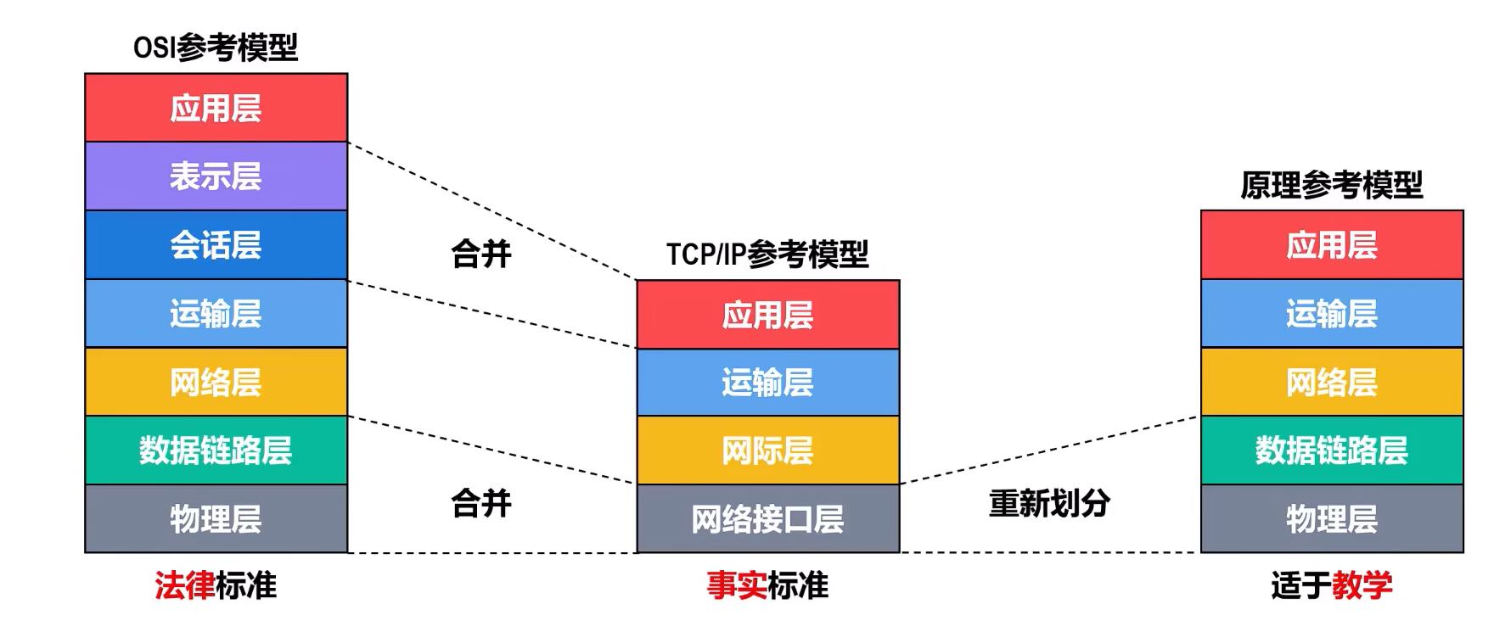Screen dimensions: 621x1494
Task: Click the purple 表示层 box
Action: pyautogui.click(x=216, y=176)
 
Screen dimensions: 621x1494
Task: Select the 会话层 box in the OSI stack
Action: pyautogui.click(x=216, y=245)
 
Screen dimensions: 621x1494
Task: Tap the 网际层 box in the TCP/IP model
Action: pyautogui.click(x=767, y=450)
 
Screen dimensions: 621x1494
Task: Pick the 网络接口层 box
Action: pyautogui.click(x=767, y=519)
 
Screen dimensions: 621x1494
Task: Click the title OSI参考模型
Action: pyautogui.click(x=216, y=48)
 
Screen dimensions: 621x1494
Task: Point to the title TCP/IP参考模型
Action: pyautogui.click(x=767, y=254)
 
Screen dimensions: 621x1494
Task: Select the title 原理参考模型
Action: pyautogui.click(x=1331, y=185)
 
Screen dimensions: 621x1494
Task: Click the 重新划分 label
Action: pyautogui.click(x=1049, y=503)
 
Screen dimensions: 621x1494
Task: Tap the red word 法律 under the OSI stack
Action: pyautogui.click(x=184, y=585)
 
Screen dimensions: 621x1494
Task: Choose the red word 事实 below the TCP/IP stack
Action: pyautogui.click(x=736, y=585)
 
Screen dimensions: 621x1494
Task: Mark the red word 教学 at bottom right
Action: pyautogui.click(x=1362, y=585)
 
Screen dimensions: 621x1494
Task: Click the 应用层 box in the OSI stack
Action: pyautogui.click(x=216, y=108)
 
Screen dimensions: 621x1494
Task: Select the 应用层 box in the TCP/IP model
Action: pyautogui.click(x=767, y=315)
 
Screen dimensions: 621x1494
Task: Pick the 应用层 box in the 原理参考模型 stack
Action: pyautogui.click(x=1331, y=245)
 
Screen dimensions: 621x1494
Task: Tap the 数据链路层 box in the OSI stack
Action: pyautogui.click(x=216, y=450)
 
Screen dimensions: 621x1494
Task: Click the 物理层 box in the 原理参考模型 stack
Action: pyautogui.click(x=1331, y=519)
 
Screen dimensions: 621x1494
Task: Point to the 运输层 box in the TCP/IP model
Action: pyautogui.click(x=767, y=383)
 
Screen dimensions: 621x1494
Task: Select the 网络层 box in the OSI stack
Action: pyautogui.click(x=216, y=383)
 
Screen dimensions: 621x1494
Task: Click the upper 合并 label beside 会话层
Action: pyautogui.click(x=481, y=254)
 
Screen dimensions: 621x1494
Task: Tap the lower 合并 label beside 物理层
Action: pyautogui.click(x=481, y=503)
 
